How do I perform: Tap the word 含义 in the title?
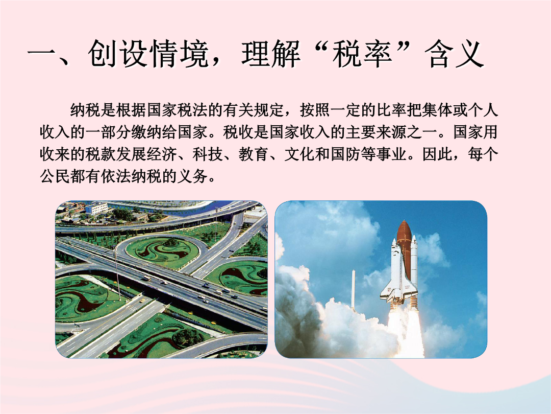[455, 54]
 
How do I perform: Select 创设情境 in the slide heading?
[148, 54]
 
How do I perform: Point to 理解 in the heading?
[271, 54]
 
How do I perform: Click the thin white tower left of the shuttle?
[353, 289]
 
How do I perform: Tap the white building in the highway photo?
[96, 209]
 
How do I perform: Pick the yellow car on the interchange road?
[142, 301]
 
